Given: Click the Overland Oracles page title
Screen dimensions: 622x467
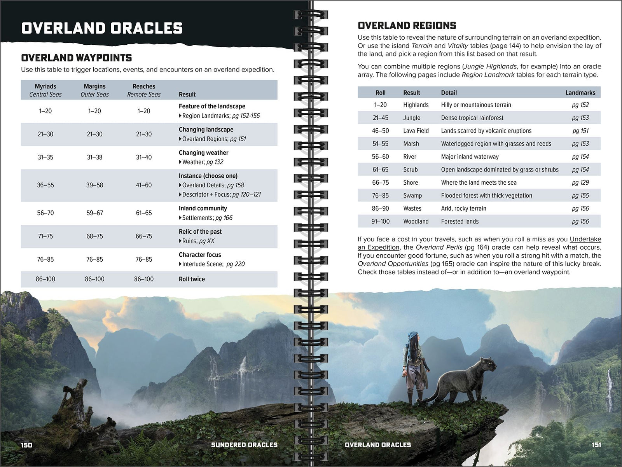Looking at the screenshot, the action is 102,28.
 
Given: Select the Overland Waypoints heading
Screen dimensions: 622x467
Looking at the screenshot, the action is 76,58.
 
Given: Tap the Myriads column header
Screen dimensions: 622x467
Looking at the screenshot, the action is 45,86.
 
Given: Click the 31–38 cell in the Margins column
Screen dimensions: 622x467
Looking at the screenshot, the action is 94,157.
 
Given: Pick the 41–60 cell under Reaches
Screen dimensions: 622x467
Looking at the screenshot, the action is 143,185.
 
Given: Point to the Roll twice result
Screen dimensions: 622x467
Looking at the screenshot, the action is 192,279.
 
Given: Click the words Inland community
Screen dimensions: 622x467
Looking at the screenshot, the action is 203,208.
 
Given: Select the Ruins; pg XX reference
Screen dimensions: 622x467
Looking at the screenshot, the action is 198,241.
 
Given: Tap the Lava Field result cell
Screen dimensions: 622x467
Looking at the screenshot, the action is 416,131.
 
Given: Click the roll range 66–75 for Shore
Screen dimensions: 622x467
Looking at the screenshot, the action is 380,183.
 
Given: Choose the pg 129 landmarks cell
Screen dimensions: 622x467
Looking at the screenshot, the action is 580,183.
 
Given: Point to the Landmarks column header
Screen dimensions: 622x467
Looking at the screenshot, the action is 580,93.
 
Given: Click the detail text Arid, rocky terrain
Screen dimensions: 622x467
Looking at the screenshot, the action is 463,209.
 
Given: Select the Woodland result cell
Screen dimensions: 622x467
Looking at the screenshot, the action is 416,222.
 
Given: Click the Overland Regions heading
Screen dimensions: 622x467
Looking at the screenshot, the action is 407,26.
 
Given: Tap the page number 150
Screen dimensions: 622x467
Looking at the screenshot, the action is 26,445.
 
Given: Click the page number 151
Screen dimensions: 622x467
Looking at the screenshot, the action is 596,445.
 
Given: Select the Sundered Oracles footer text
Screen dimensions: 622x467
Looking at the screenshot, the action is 244,445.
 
